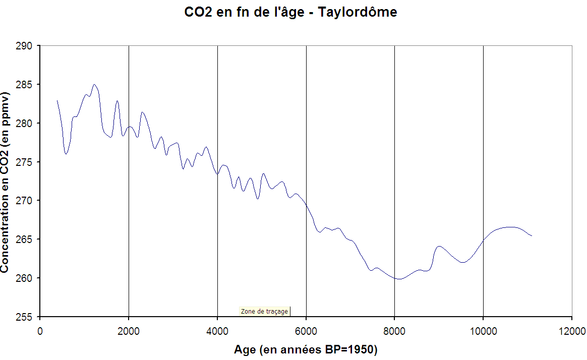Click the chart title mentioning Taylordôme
(x=291, y=12)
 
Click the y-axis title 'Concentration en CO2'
(x=5, y=183)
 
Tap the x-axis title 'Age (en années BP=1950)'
(x=306, y=349)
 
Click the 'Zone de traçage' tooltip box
(x=265, y=311)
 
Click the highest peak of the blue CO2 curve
(x=94, y=85)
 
